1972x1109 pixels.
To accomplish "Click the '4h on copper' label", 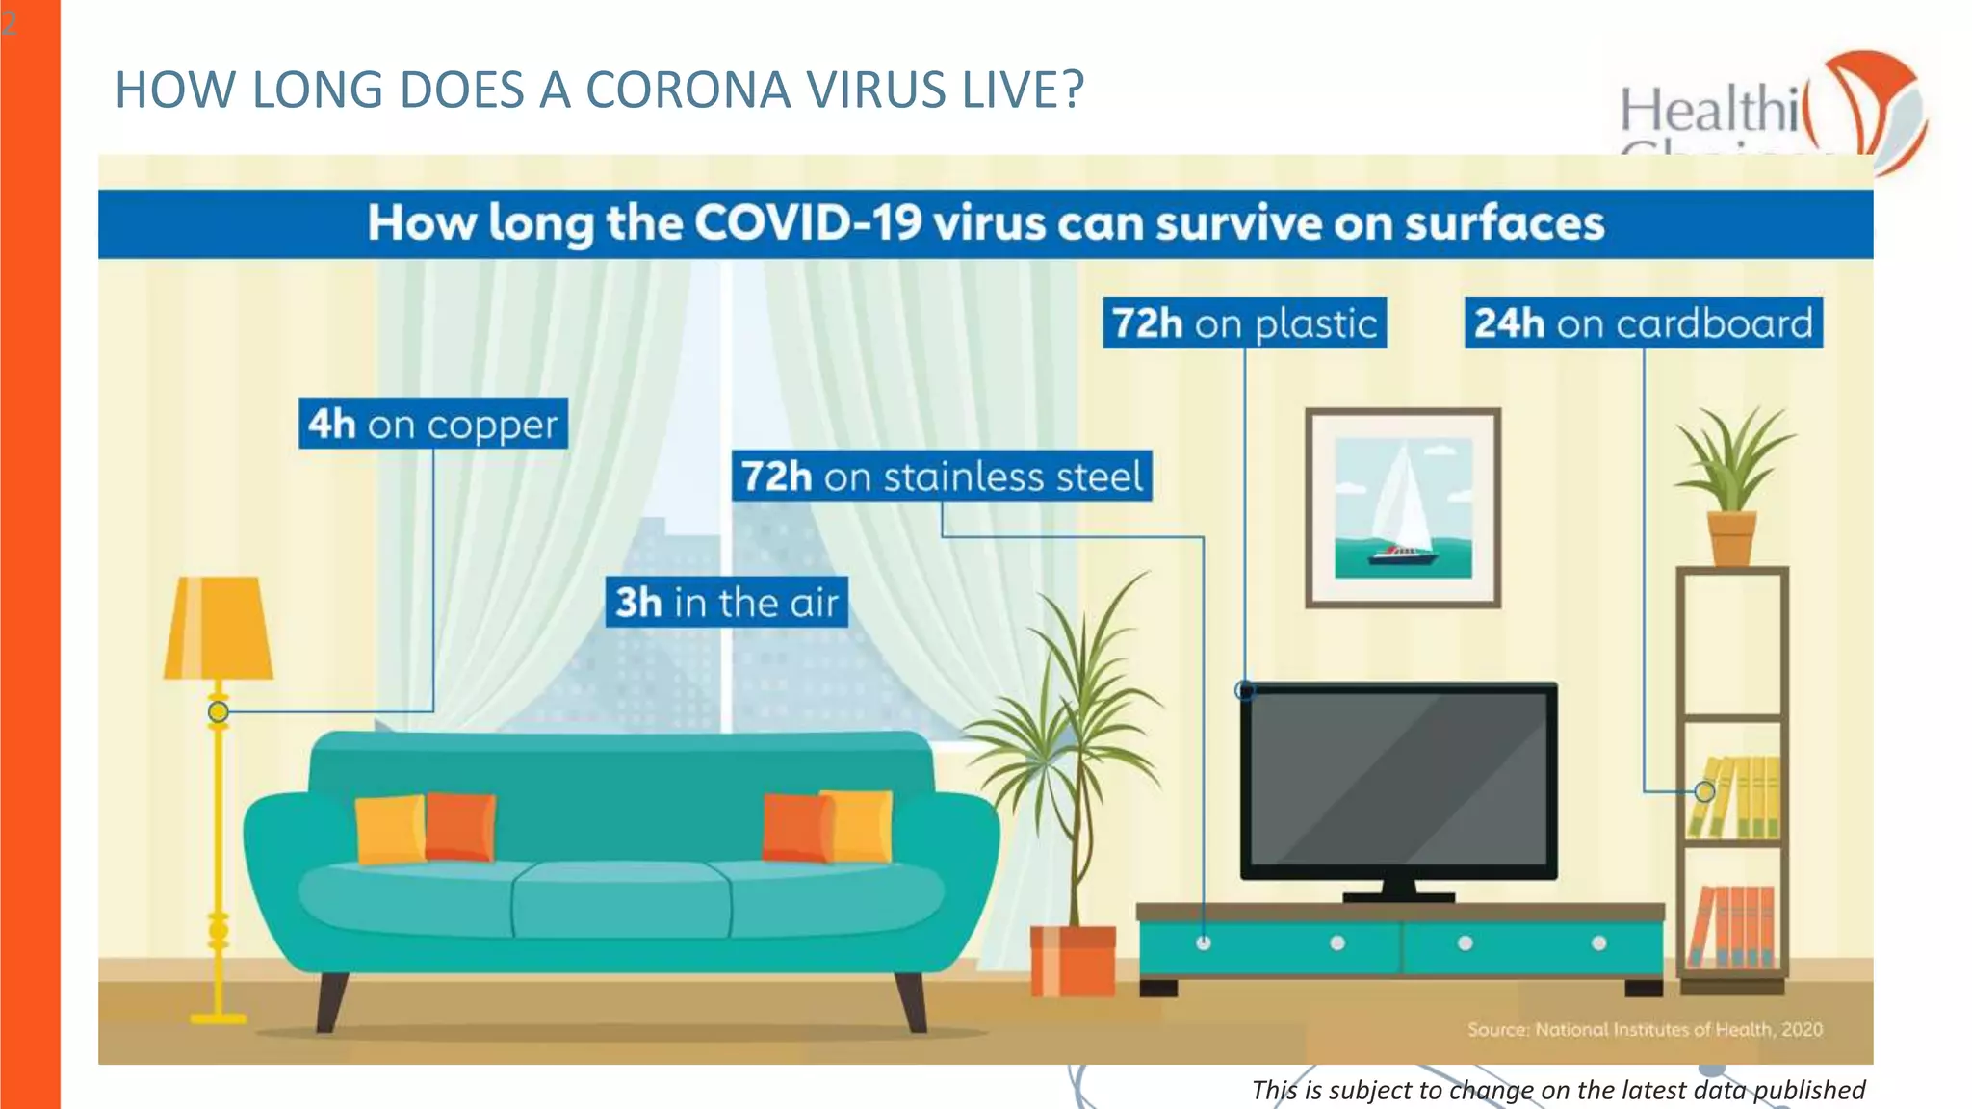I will pyautogui.click(x=432, y=424).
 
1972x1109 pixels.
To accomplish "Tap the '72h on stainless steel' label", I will pyautogui.click(x=941, y=477).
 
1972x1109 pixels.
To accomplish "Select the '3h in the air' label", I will pyautogui.click(x=727, y=603).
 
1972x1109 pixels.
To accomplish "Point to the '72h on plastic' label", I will pyautogui.click(x=1244, y=323).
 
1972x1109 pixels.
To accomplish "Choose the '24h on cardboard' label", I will pyautogui.click(x=1643, y=323).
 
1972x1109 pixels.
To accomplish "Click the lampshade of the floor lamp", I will pyautogui.click(x=219, y=629).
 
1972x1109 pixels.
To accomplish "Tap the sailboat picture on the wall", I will pyautogui.click(x=1403, y=507).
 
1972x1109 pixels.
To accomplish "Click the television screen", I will pyautogui.click(x=1398, y=780).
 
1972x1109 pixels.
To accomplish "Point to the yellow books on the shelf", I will pyautogui.click(x=1735, y=798).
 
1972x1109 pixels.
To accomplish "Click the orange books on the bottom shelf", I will pyautogui.click(x=1733, y=926).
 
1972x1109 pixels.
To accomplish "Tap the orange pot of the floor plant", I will pyautogui.click(x=1073, y=960).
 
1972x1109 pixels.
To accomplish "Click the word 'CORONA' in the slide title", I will pyautogui.click(x=688, y=90).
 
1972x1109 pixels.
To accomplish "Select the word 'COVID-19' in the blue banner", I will pyautogui.click(x=807, y=223).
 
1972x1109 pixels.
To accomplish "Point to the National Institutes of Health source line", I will pyautogui.click(x=1645, y=1029).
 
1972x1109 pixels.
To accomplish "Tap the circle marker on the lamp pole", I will pyautogui.click(x=219, y=711).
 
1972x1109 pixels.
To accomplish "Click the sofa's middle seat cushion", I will pyautogui.click(x=621, y=900).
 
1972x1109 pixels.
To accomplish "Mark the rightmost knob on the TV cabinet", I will pyautogui.click(x=1598, y=943).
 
